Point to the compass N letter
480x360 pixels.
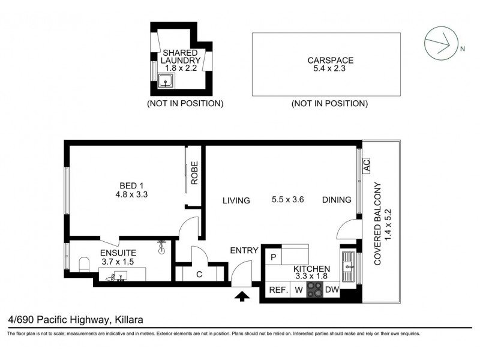point(463,50)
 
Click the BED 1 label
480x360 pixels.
point(131,185)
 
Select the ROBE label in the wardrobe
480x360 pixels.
point(194,172)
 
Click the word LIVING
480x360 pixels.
point(235,200)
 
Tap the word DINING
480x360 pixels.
point(337,200)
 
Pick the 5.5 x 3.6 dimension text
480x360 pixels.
point(289,200)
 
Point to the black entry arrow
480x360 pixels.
point(242,295)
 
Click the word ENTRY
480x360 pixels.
point(244,250)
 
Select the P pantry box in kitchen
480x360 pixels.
point(274,257)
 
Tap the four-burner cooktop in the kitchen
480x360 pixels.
point(315,290)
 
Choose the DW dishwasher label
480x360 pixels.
point(332,290)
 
